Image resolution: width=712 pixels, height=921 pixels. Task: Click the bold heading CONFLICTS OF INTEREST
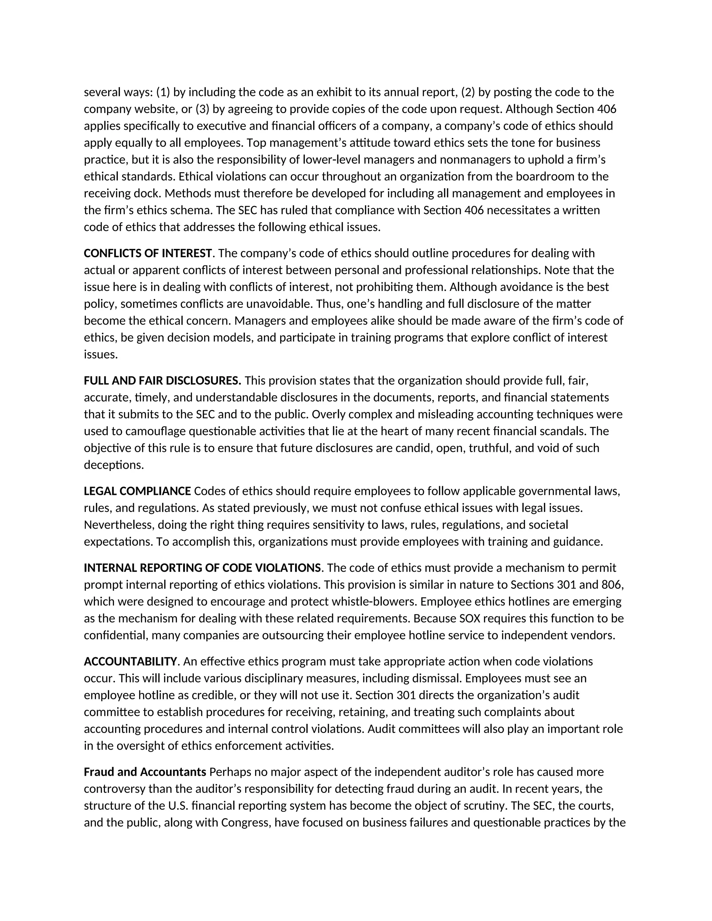coord(148,253)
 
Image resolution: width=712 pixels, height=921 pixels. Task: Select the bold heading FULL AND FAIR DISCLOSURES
coord(162,381)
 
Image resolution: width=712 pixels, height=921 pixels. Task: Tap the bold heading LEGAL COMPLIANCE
coord(137,491)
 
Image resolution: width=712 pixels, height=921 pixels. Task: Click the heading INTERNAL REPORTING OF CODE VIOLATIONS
coord(202,568)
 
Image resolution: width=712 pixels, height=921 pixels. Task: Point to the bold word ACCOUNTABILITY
coord(130,662)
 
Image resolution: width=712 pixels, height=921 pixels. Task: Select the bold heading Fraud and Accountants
coord(145,772)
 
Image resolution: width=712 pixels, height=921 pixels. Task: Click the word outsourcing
coord(293,636)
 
